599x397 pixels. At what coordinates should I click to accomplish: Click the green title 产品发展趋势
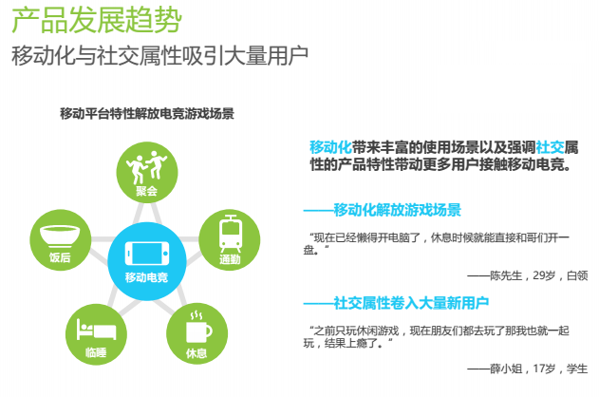[x=97, y=20]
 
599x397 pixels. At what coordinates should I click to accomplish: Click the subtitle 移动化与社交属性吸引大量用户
[x=159, y=56]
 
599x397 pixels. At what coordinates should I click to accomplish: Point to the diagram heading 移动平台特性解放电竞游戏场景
[x=147, y=114]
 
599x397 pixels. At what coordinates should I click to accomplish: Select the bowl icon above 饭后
[x=60, y=236]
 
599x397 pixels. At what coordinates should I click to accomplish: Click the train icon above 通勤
[x=231, y=233]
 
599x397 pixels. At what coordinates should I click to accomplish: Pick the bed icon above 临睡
[x=96, y=330]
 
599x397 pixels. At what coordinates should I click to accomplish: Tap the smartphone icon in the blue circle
[x=147, y=254]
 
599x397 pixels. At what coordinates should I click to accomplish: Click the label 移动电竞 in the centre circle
[x=147, y=277]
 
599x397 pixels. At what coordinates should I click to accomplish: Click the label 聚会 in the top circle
[x=147, y=191]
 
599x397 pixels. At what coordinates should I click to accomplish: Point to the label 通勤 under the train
[x=230, y=259]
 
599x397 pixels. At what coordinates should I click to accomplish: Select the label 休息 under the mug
[x=197, y=353]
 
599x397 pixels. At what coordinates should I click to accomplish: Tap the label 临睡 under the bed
[x=96, y=352]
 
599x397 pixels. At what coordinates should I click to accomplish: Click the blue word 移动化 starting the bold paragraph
[x=330, y=147]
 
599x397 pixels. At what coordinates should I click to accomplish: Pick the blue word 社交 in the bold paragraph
[x=550, y=147]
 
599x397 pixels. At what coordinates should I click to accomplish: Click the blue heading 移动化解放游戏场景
[x=398, y=210]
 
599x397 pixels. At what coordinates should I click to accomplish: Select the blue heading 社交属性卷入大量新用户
[x=411, y=303]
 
